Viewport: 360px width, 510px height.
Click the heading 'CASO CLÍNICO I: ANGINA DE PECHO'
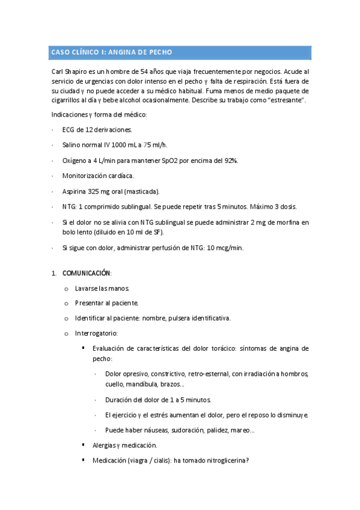(111, 53)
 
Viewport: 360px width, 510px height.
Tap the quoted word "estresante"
(286, 100)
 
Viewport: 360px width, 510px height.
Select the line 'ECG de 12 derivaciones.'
(97, 129)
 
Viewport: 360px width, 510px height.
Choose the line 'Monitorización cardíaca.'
(98, 176)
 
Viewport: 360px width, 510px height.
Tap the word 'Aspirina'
(75, 191)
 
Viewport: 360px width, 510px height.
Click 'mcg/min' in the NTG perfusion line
(230, 248)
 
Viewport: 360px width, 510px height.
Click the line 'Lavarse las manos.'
(101, 288)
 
